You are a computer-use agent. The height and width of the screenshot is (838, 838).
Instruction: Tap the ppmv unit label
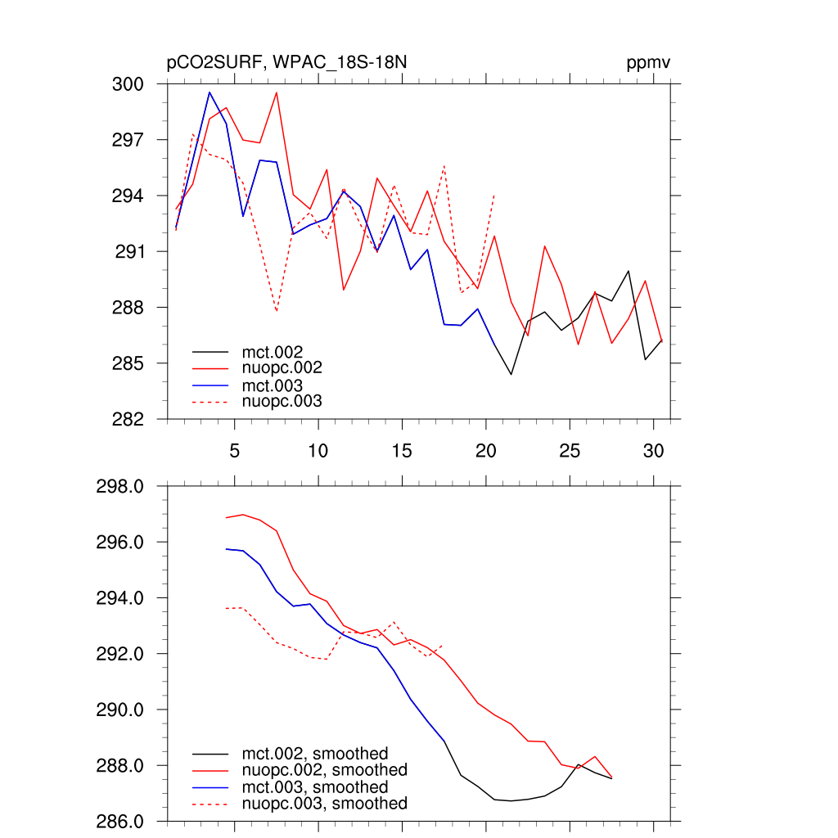649,64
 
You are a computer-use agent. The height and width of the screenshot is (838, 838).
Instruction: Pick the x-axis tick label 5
234,451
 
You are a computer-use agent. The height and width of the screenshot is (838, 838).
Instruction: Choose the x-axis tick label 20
485,451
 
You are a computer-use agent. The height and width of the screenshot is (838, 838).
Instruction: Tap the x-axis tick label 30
653,451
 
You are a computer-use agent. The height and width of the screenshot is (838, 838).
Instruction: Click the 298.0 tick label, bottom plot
120,487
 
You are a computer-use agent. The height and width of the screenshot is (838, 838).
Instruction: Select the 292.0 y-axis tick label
120,655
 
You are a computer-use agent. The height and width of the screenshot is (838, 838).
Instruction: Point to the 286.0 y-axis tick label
120,822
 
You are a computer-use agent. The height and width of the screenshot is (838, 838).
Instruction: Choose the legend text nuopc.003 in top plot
282,401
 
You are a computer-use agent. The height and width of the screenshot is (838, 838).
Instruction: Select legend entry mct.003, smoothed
314,787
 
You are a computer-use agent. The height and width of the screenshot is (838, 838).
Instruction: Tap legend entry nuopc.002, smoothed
324,770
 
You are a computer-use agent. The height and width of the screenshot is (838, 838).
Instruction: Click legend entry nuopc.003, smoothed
324,804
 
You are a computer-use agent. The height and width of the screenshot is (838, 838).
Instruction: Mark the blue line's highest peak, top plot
209,92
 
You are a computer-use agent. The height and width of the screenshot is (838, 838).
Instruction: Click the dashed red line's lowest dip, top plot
277,312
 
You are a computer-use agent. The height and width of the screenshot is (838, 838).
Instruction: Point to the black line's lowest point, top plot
511,375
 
